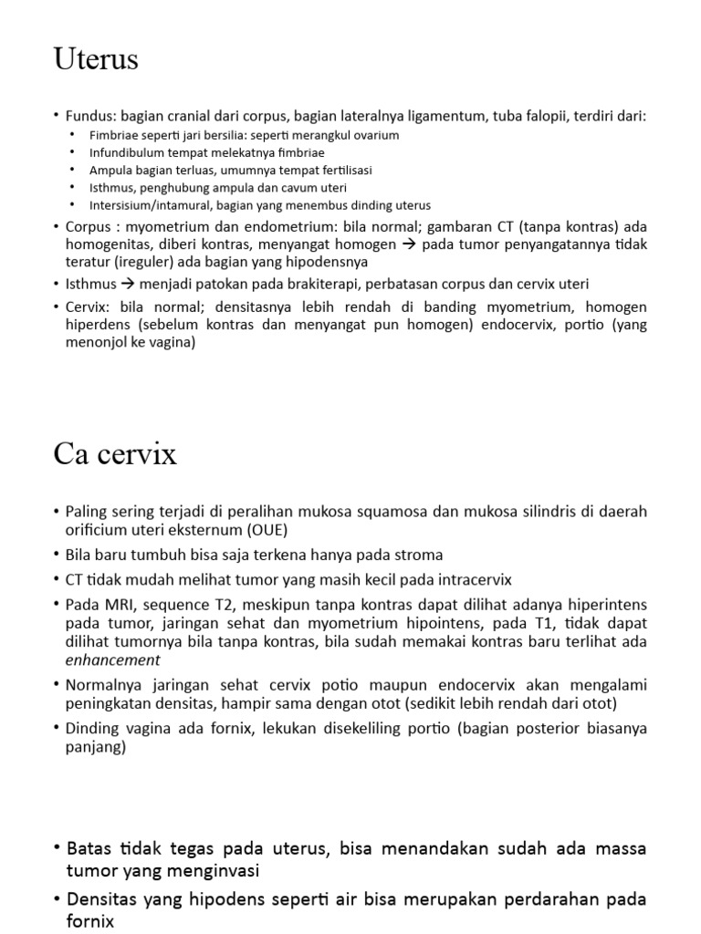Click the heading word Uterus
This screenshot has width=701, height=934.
96,60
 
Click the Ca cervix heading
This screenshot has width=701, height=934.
115,453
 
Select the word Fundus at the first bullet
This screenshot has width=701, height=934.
88,116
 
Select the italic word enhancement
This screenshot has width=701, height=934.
112,659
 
